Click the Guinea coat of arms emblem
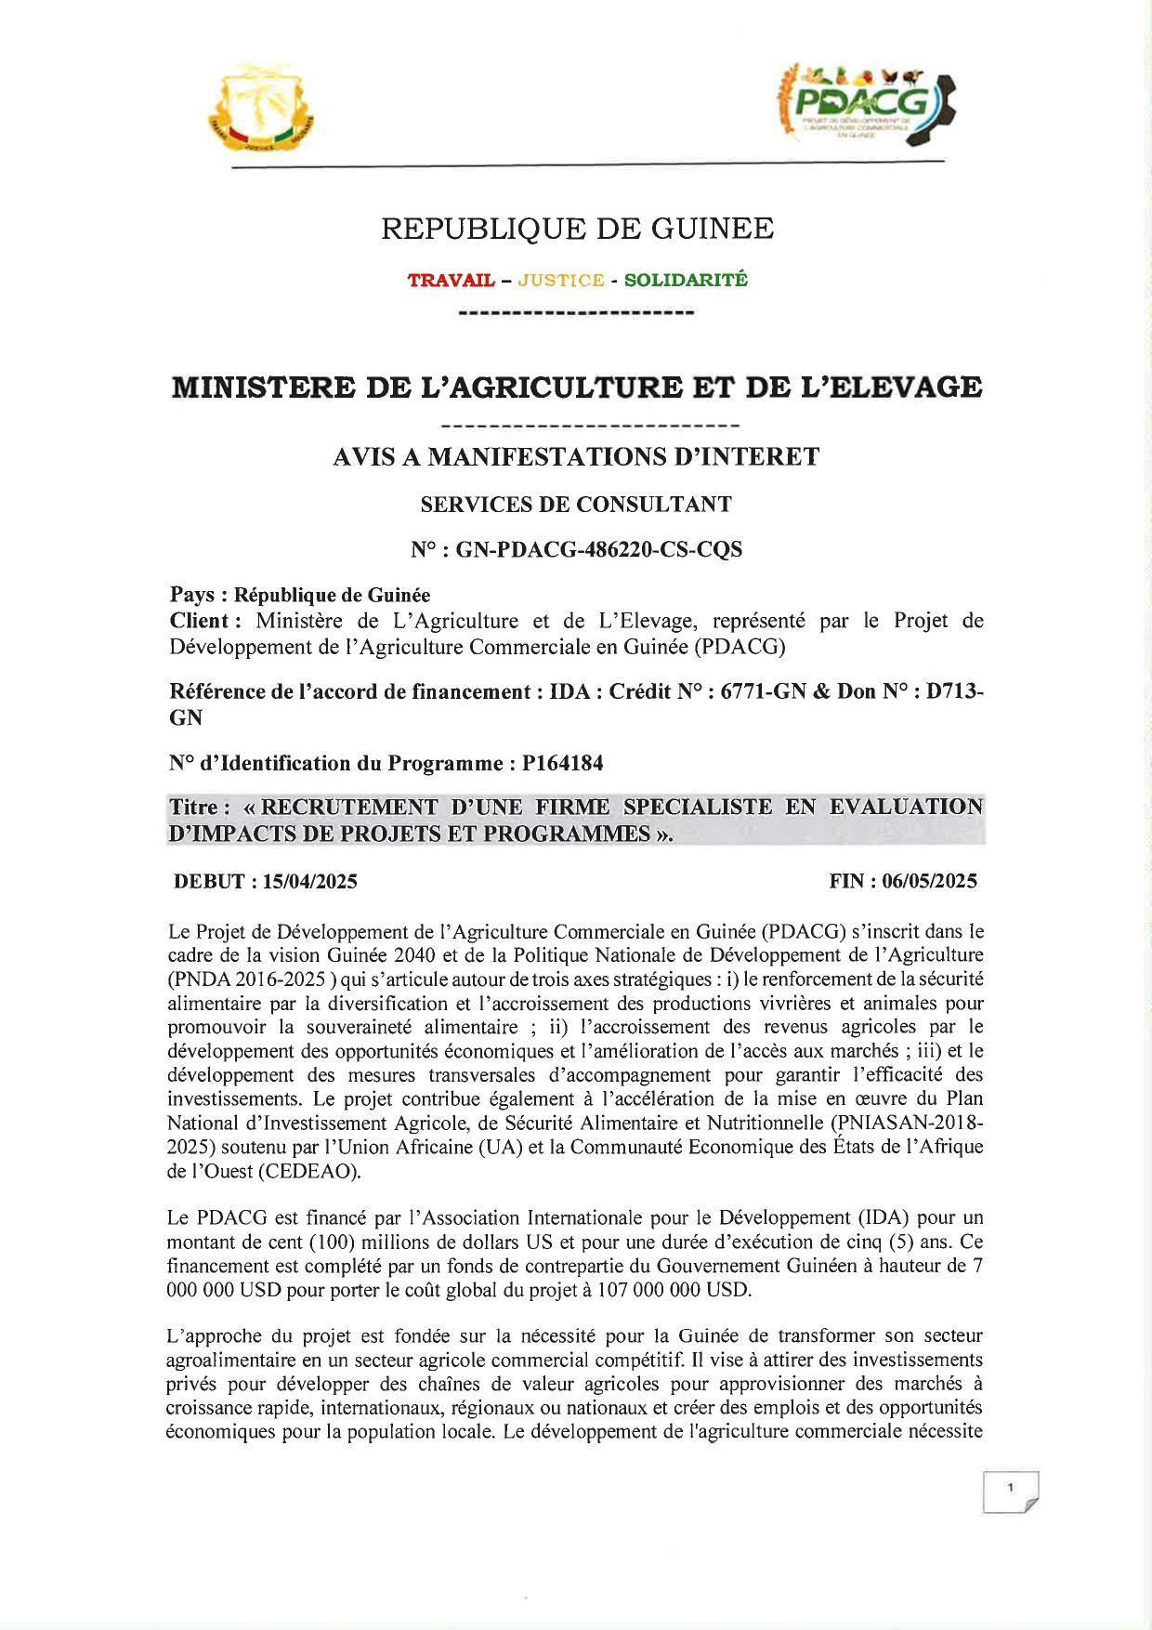(x=261, y=111)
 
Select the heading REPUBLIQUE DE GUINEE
(x=577, y=229)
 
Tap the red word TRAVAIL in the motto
(x=451, y=281)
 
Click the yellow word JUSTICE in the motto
(x=561, y=281)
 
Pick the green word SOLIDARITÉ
(x=686, y=281)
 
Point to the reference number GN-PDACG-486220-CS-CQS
(x=599, y=550)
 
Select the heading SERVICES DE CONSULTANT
(x=576, y=505)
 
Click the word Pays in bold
(x=192, y=595)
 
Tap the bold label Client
(x=200, y=621)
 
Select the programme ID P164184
(x=562, y=764)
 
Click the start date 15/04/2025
(x=309, y=882)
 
